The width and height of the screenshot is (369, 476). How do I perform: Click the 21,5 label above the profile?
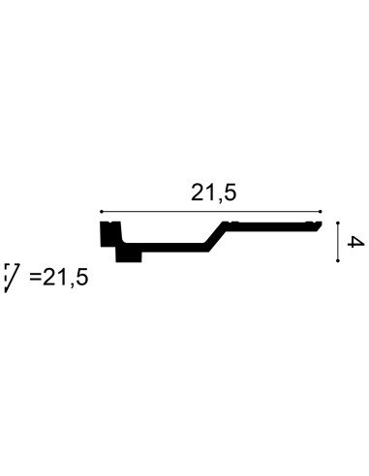[x=214, y=193]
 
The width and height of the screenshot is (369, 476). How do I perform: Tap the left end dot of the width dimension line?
[x=101, y=212]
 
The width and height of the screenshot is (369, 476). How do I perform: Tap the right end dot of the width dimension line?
[x=321, y=212]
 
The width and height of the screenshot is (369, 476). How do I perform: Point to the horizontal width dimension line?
[x=210, y=212]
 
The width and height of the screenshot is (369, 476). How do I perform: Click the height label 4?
[x=355, y=242]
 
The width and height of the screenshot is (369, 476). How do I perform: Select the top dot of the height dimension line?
[x=338, y=223]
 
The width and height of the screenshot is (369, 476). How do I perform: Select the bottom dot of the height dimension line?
[x=338, y=260]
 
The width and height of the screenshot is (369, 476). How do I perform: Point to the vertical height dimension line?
[x=338, y=242]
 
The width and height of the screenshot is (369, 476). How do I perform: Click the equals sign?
[x=36, y=277]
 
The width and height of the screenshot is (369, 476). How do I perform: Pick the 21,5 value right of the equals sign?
[x=65, y=278]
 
